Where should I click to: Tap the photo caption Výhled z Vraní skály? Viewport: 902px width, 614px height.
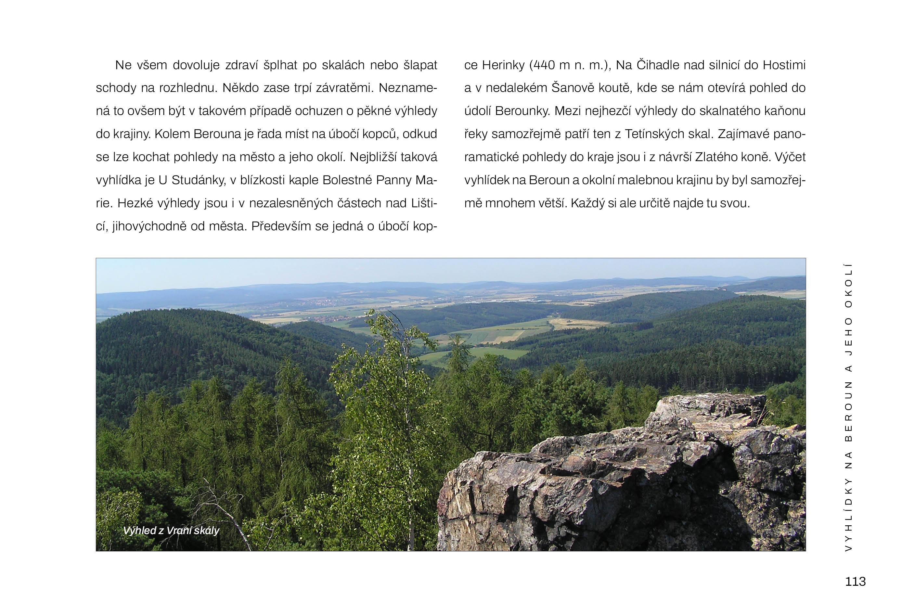tap(171, 531)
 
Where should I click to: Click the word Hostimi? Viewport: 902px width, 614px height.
tap(784, 65)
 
